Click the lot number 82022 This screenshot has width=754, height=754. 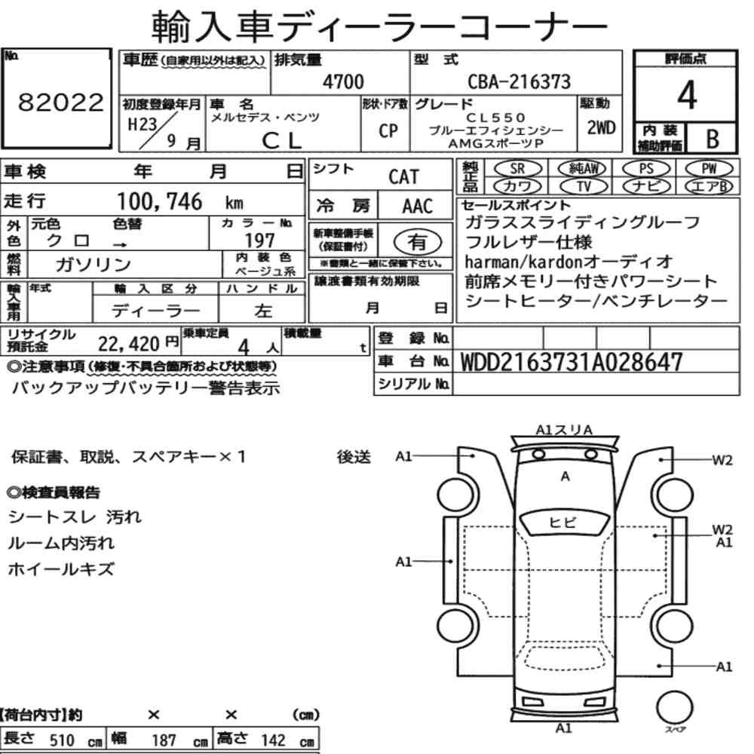pos(60,102)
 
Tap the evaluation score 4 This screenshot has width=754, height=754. pos(687,95)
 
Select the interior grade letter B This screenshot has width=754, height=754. pos(713,139)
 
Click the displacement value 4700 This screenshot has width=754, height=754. pos(343,81)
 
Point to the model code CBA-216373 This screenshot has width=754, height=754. pos(519,81)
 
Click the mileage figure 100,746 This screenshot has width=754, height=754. pos(160,201)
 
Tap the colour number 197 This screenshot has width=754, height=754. pos(259,241)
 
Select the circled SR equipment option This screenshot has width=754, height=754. pos(517,169)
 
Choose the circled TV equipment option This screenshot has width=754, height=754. pos(584,186)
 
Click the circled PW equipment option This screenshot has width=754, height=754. pos(709,169)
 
